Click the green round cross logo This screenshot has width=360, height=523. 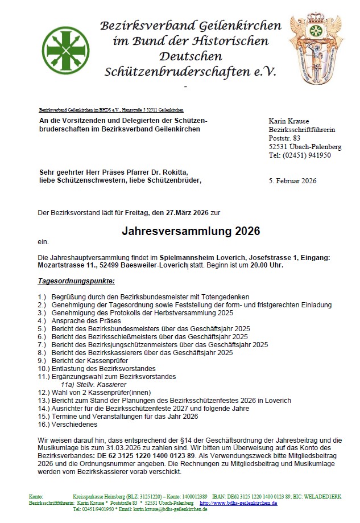pyautogui.click(x=65, y=50)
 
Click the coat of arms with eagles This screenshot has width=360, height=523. pyautogui.click(x=317, y=50)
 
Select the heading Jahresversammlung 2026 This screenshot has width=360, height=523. pyautogui.click(x=191, y=231)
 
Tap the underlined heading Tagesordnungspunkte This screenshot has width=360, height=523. pyautogui.click(x=76, y=281)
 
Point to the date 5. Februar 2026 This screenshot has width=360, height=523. pyautogui.click(x=292, y=181)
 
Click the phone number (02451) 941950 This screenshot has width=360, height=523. pyautogui.click(x=307, y=155)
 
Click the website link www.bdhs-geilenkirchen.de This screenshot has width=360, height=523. pyautogui.click(x=240, y=503)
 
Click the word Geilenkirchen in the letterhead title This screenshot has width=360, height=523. pyautogui.click(x=239, y=26)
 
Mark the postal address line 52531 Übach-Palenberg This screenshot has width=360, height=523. pyautogui.click(x=305, y=147)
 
